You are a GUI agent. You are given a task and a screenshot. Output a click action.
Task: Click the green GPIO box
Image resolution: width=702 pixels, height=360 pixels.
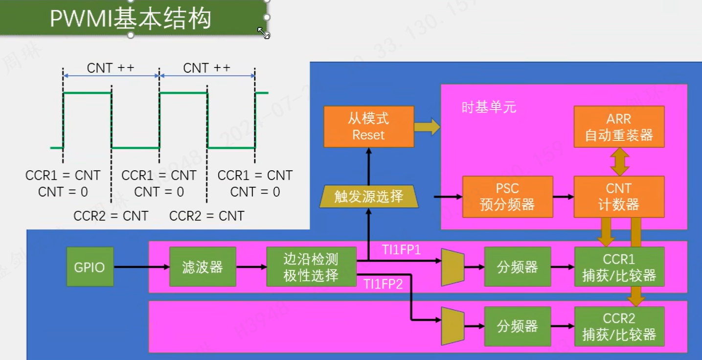[x=90, y=267]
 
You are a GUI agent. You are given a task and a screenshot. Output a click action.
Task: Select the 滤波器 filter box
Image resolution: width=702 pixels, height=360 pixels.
[x=203, y=267]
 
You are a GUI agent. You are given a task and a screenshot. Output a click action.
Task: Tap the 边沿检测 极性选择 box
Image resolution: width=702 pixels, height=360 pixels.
[x=311, y=267]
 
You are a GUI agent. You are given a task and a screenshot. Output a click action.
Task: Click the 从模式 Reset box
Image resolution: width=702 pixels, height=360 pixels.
[x=368, y=127]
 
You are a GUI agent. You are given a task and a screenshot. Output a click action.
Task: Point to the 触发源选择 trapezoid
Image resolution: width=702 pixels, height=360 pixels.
[x=369, y=197]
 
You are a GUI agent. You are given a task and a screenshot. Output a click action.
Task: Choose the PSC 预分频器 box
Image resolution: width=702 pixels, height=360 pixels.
[x=507, y=197]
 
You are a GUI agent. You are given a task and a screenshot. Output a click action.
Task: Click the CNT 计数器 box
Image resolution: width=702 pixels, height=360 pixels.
[x=619, y=197]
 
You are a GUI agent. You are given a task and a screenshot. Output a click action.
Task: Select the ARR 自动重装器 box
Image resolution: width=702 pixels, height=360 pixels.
[x=619, y=127]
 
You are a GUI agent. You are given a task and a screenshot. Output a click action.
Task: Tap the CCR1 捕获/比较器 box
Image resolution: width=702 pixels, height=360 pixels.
[x=619, y=267]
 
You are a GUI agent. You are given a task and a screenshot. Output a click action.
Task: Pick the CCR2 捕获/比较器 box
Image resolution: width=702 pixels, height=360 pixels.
[x=619, y=326]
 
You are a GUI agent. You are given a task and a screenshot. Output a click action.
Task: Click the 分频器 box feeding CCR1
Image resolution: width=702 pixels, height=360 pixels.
[x=517, y=267]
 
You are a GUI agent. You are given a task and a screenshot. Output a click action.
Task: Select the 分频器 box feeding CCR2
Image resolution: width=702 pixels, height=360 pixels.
[x=517, y=326]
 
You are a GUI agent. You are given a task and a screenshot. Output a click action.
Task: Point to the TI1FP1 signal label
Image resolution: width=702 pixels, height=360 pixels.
[x=402, y=250]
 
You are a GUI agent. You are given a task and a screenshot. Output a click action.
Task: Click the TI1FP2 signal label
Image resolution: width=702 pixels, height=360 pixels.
[x=383, y=284]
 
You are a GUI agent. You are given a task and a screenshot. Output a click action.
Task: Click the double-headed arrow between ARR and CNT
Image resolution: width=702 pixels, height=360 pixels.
[x=619, y=161]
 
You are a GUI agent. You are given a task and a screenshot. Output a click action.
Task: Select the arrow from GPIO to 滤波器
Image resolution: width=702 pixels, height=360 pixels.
[x=141, y=267]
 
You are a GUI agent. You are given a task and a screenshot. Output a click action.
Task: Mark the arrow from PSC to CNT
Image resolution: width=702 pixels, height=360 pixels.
[x=563, y=197]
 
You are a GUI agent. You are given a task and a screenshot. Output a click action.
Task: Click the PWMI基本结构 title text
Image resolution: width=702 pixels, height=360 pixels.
[x=131, y=19]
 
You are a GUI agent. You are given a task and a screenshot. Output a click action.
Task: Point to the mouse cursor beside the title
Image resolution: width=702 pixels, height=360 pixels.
[x=264, y=33]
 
